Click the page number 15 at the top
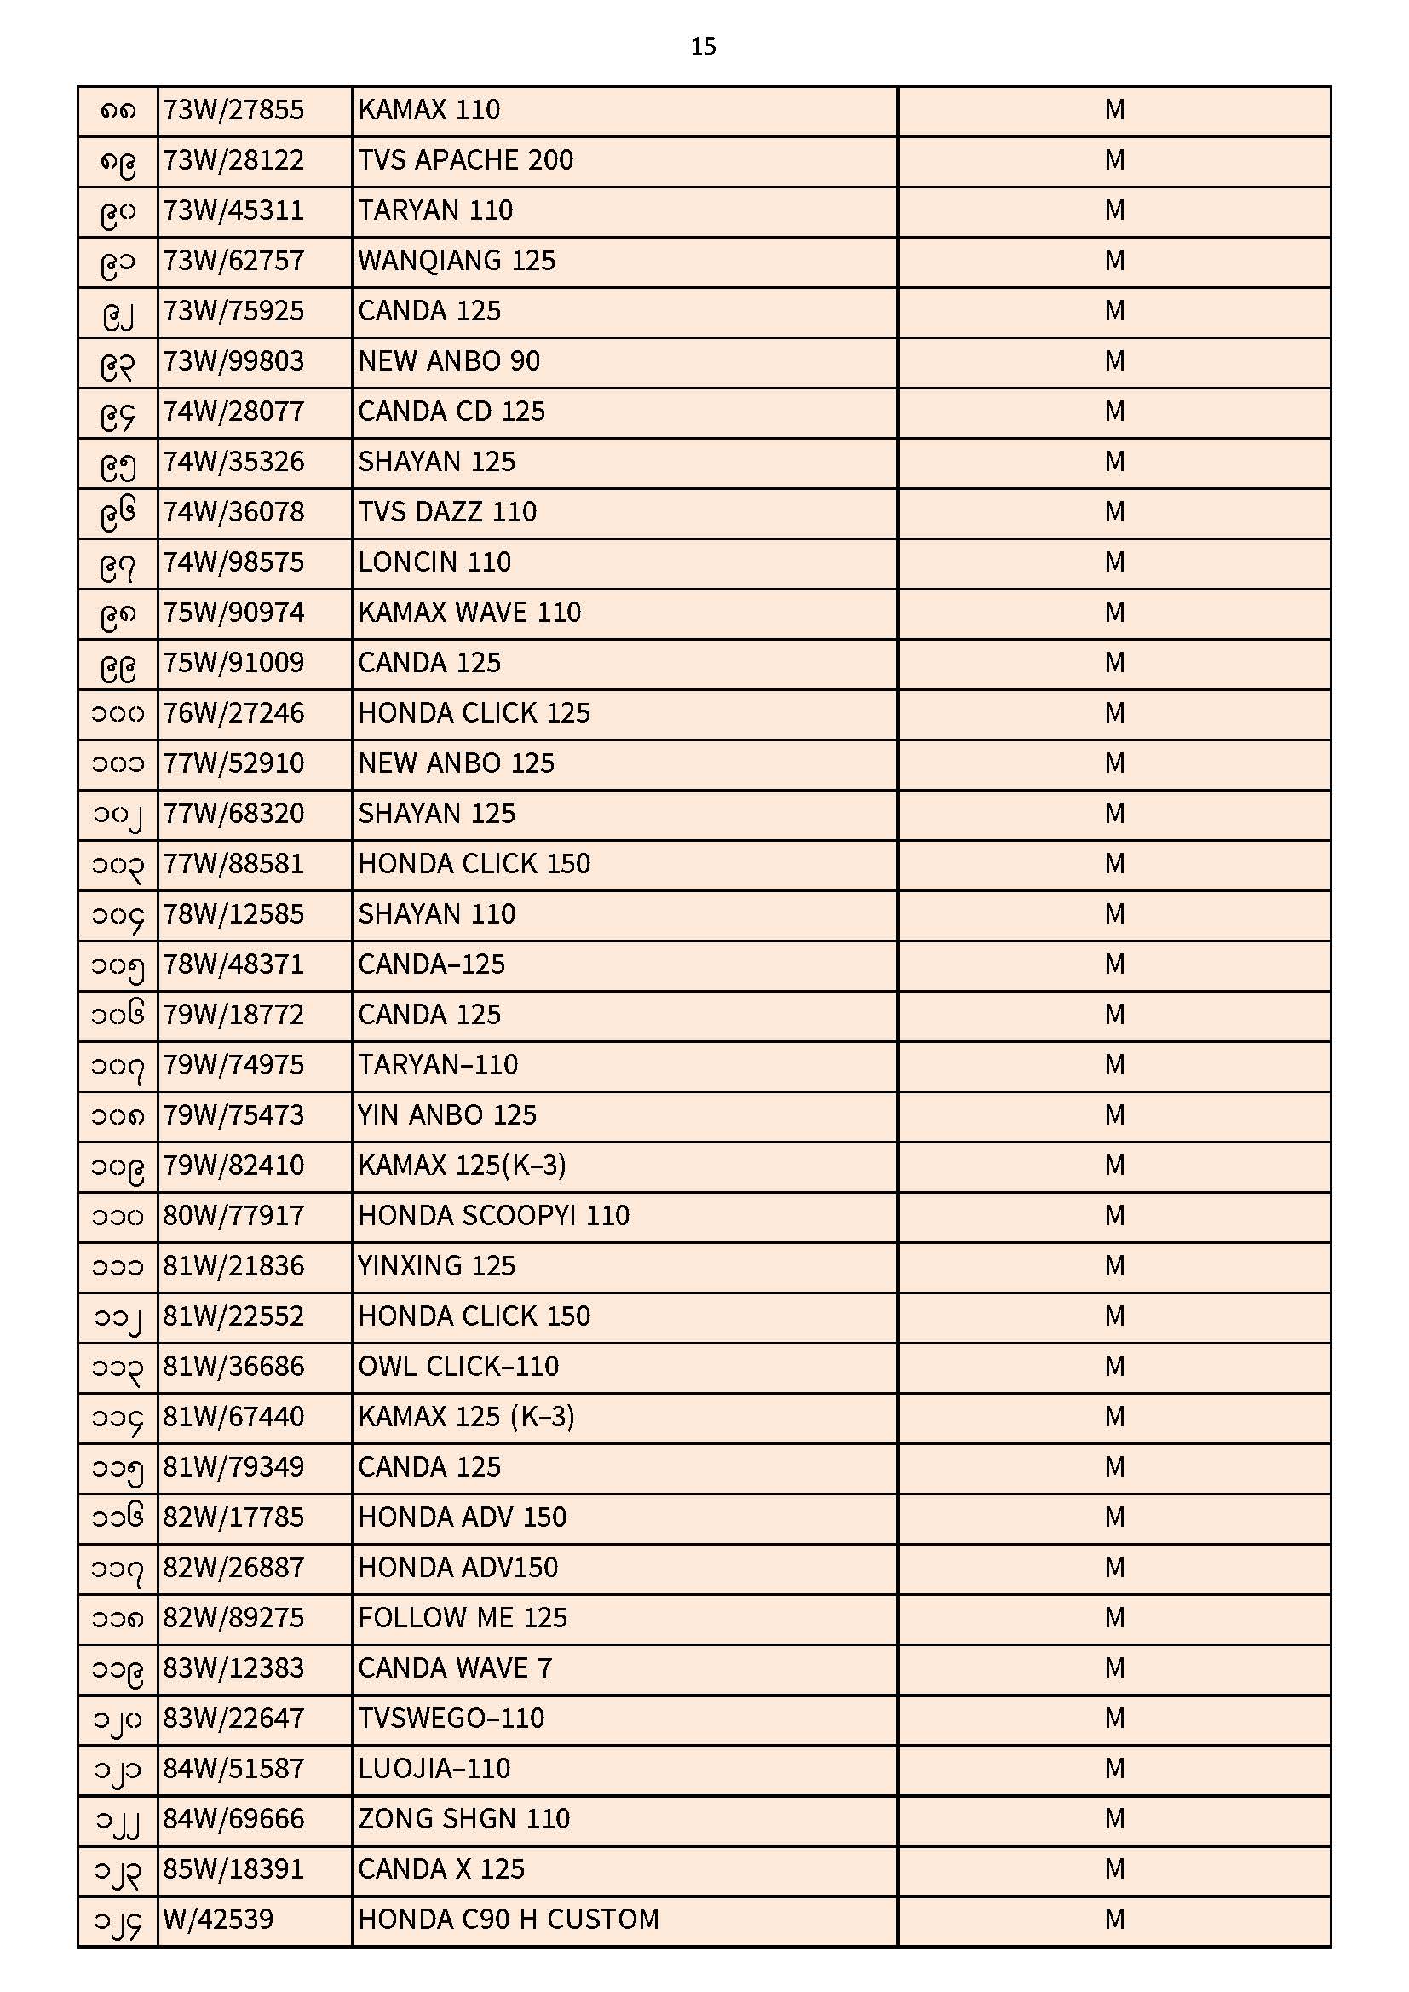pyautogui.click(x=703, y=47)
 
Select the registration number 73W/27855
pyautogui.click(x=233, y=110)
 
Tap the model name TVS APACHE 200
pyautogui.click(x=465, y=160)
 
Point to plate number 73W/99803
pyautogui.click(x=233, y=361)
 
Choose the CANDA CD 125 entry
pyautogui.click(x=451, y=412)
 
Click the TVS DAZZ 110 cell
pyautogui.click(x=447, y=512)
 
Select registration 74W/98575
pyautogui.click(x=233, y=562)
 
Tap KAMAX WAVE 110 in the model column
pyautogui.click(x=469, y=613)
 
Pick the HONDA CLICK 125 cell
pyautogui.click(x=474, y=713)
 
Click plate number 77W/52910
pyautogui.click(x=233, y=763)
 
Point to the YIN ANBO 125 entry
pyautogui.click(x=447, y=1115)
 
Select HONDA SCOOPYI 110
pyautogui.click(x=494, y=1216)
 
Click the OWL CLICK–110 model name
pyautogui.click(x=458, y=1367)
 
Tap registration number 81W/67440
pyautogui.click(x=233, y=1417)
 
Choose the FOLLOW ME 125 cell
pyautogui.click(x=463, y=1618)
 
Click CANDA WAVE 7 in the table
pyautogui.click(x=455, y=1668)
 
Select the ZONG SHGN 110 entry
pyautogui.click(x=463, y=1818)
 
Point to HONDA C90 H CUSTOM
pyautogui.click(x=509, y=1919)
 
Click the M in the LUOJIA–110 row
pyautogui.click(x=1114, y=1768)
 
